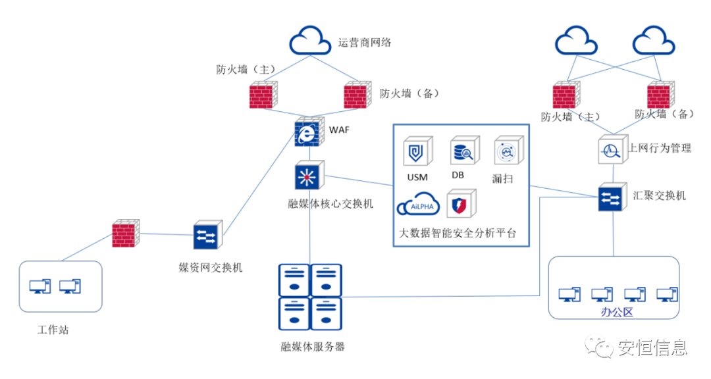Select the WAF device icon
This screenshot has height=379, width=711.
[308, 132]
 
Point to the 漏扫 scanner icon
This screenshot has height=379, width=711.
[508, 152]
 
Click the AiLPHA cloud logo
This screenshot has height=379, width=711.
[417, 205]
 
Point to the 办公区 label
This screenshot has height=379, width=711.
[617, 312]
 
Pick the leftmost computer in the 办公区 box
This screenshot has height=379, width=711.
[569, 294]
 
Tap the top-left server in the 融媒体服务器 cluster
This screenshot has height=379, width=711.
[294, 280]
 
